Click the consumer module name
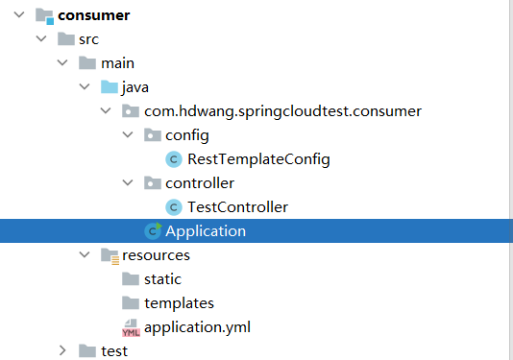point(93,15)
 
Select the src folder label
point(88,39)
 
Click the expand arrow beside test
point(62,350)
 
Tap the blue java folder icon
point(110,87)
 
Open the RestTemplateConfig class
point(258,159)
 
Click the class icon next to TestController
point(174,207)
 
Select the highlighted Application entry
point(206,231)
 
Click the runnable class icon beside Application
point(153,230)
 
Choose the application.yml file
point(197,327)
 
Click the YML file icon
point(131,328)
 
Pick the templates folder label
point(179,303)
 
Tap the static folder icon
point(131,279)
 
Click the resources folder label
point(156,255)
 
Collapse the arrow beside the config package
point(128,134)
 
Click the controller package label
point(200,183)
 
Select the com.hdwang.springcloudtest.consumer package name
point(282,111)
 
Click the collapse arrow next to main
point(62,62)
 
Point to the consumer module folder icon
point(44,16)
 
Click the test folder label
point(114,351)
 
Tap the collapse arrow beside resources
point(85,254)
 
